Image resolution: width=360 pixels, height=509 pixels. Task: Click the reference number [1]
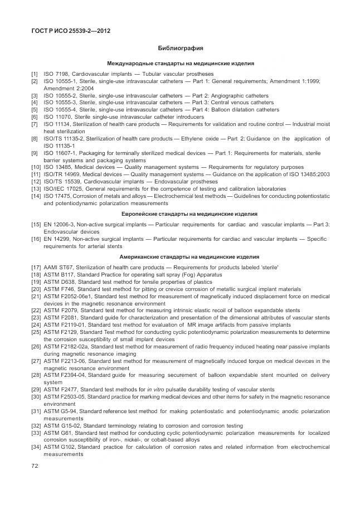[35, 74]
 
